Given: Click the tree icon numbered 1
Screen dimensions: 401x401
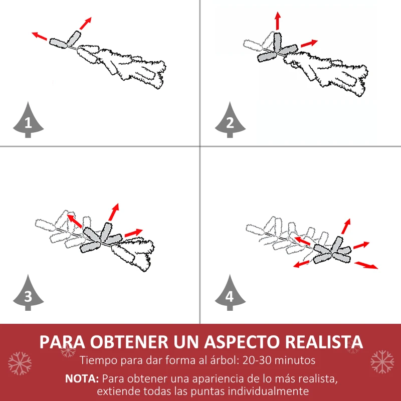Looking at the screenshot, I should click(28, 121).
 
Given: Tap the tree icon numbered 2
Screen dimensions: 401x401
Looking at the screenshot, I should click(230, 121).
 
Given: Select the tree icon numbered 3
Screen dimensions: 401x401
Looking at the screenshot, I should click(28, 295).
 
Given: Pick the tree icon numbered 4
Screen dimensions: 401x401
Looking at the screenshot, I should click(230, 295).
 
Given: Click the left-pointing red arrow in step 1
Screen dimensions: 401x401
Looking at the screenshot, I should click(40, 36).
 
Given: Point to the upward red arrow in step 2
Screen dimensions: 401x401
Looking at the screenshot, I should click(277, 21).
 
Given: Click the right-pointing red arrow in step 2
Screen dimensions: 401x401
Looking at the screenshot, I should click(309, 44).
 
